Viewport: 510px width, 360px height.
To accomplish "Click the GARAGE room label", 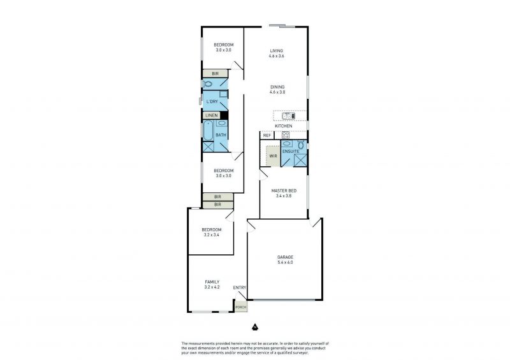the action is (285, 257).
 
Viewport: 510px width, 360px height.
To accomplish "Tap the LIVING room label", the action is (277, 51).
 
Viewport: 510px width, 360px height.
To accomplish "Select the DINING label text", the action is (277, 87).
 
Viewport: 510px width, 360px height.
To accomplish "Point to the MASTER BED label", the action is (284, 191).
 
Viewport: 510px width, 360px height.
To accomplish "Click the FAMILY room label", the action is (212, 282).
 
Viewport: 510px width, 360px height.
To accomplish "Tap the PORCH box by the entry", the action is (241, 307).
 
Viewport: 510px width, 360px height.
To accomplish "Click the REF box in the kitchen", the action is (267, 135).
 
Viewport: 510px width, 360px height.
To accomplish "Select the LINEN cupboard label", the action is (212, 115).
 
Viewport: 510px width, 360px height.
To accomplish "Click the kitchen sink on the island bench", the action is (289, 116).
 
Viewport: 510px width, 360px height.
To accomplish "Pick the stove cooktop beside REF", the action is (286, 135).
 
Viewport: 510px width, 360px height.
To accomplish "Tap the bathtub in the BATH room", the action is (208, 130).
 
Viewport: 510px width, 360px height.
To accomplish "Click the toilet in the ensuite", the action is (301, 145).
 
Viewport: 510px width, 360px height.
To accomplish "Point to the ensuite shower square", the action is (300, 161).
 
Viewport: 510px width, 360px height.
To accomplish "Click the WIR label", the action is (273, 156).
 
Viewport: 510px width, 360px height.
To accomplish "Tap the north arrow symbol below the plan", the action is (254, 326).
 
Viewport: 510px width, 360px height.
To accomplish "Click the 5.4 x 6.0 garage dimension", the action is (285, 263).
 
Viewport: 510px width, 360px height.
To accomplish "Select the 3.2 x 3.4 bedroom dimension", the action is (212, 235).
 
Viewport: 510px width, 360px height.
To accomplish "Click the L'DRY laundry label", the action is (212, 102).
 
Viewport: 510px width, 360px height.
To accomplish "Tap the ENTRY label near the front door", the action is (240, 288).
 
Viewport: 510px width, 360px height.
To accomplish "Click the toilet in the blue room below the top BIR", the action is (208, 84).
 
